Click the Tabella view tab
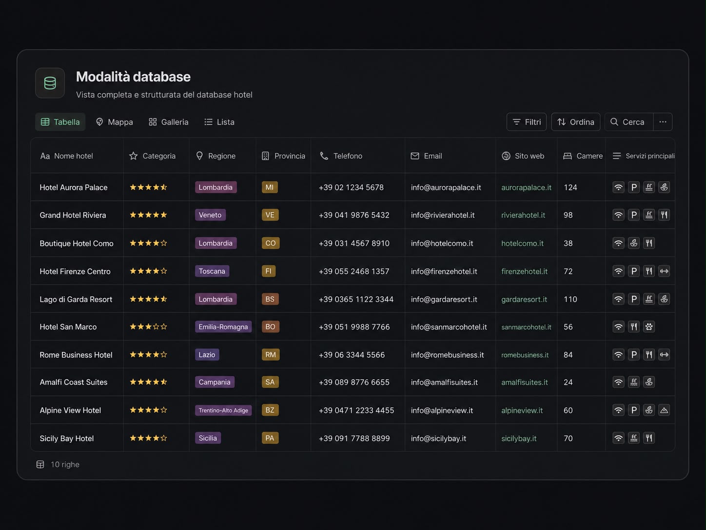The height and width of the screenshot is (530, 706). pos(60,122)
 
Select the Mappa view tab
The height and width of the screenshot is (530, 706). pos(114,122)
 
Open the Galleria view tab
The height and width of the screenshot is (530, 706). pos(169,122)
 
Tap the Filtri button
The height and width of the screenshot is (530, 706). pos(527,122)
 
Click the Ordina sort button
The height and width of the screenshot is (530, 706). pos(576,122)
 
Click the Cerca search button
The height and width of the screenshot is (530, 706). pos(629,122)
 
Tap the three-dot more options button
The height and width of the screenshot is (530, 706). pos(663,122)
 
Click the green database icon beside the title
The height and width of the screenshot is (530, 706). pos(50,83)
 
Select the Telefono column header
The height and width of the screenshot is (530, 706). pos(341,156)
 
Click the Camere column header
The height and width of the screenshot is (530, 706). pos(583,156)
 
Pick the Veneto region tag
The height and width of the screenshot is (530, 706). pos(210,215)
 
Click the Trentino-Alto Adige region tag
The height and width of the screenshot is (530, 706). pos(223,410)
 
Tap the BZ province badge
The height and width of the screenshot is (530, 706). pos(270,410)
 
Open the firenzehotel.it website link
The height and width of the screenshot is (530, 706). pos(524,271)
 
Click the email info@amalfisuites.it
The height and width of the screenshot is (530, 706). pos(444,382)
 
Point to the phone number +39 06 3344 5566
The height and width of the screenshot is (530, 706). pos(352,355)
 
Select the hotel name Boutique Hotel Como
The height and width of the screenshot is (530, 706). pos(77,243)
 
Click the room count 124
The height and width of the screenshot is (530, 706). pos(570,187)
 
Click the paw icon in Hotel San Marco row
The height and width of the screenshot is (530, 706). pos(649,326)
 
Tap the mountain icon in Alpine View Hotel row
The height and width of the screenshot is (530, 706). pos(664,410)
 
